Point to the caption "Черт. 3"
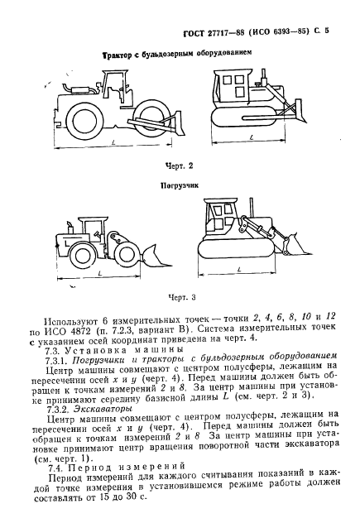(179, 297)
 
